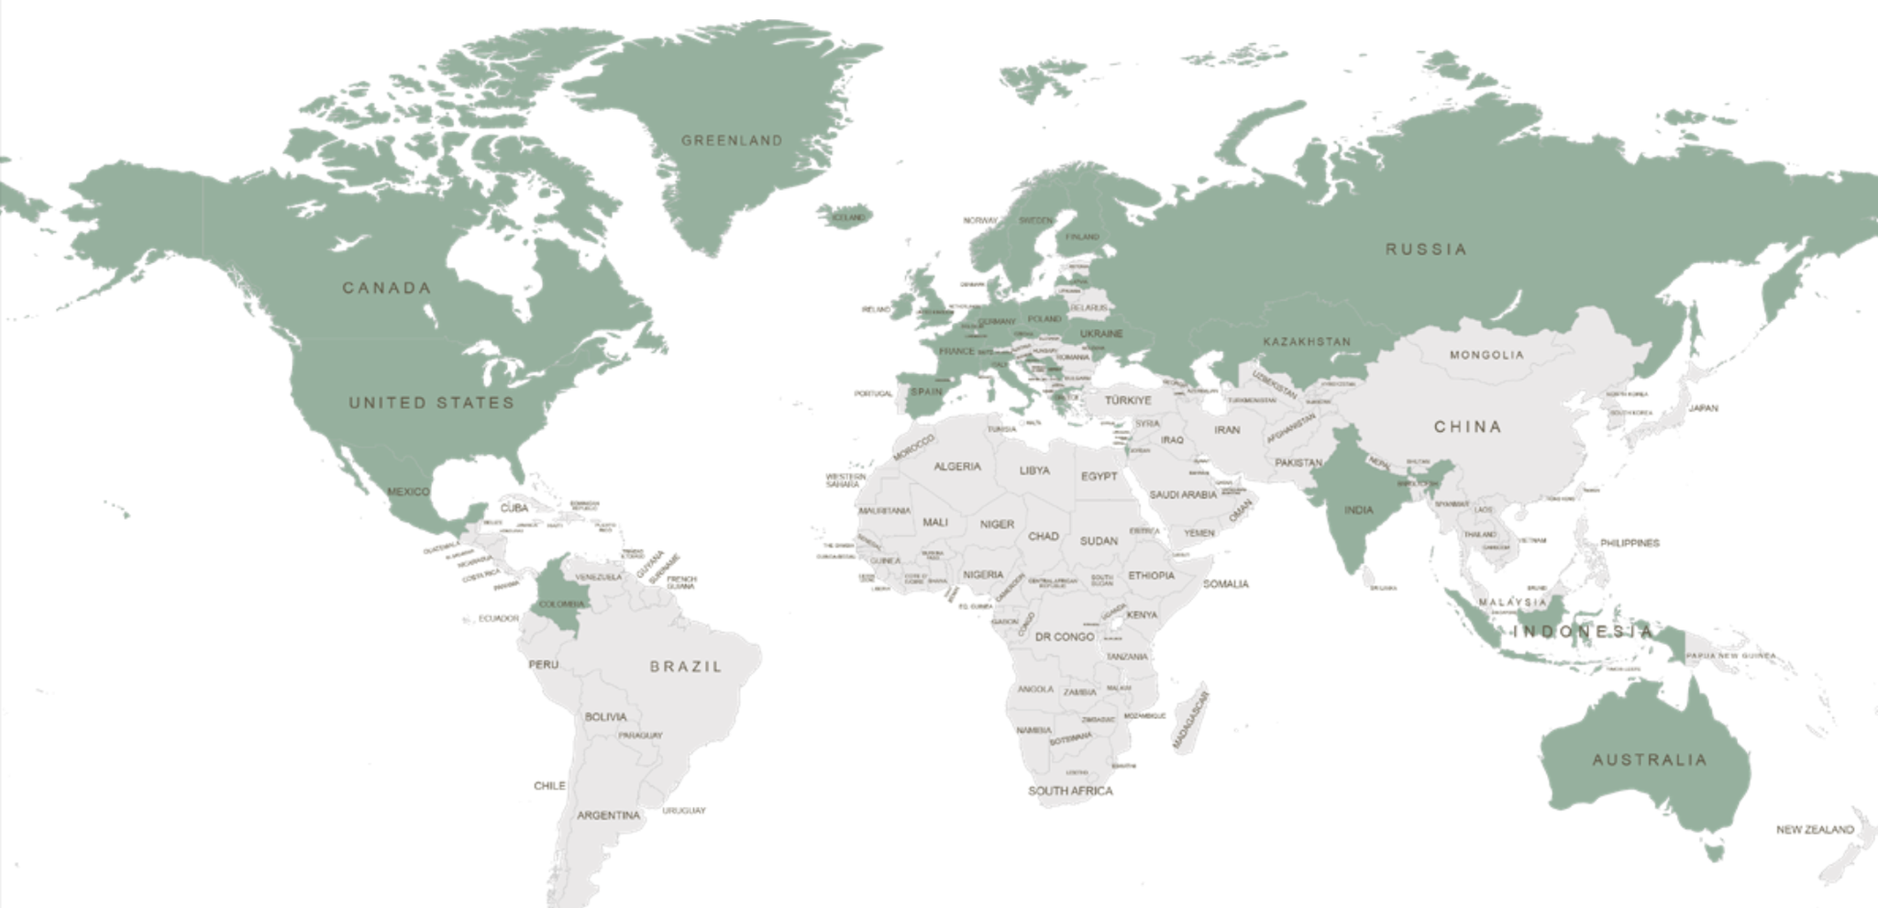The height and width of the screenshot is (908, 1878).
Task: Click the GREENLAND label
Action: pos(732,140)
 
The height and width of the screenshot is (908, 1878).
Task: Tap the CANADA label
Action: pos(386,288)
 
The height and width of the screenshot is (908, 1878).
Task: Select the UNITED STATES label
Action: pos(431,403)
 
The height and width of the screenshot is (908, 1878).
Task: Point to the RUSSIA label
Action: pos(1426,249)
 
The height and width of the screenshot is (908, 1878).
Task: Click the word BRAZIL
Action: pos(686,667)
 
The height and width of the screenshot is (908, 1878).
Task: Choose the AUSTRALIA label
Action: pos(1650,760)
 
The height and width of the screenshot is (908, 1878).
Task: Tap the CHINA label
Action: pos(1468,426)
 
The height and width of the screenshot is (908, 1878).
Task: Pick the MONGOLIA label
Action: pos(1486,355)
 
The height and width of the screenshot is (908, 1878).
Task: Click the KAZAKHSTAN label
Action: pos(1307,342)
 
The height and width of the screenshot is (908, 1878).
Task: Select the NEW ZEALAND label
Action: pos(1815,830)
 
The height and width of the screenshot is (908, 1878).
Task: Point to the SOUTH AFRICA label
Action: pos(1070,791)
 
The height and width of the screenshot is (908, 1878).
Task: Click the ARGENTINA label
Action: pos(608,815)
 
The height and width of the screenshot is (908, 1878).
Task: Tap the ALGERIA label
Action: pos(957,467)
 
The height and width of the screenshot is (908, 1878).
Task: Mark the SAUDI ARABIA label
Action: pos(1183,495)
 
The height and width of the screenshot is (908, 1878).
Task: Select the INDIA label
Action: pos(1358,510)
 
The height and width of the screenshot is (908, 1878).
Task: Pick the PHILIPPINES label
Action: pos(1629,544)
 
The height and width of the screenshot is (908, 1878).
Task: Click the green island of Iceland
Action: pos(845,217)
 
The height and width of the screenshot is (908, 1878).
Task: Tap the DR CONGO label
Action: pos(1065,637)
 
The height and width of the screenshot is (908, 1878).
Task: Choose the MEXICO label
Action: pos(408,493)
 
